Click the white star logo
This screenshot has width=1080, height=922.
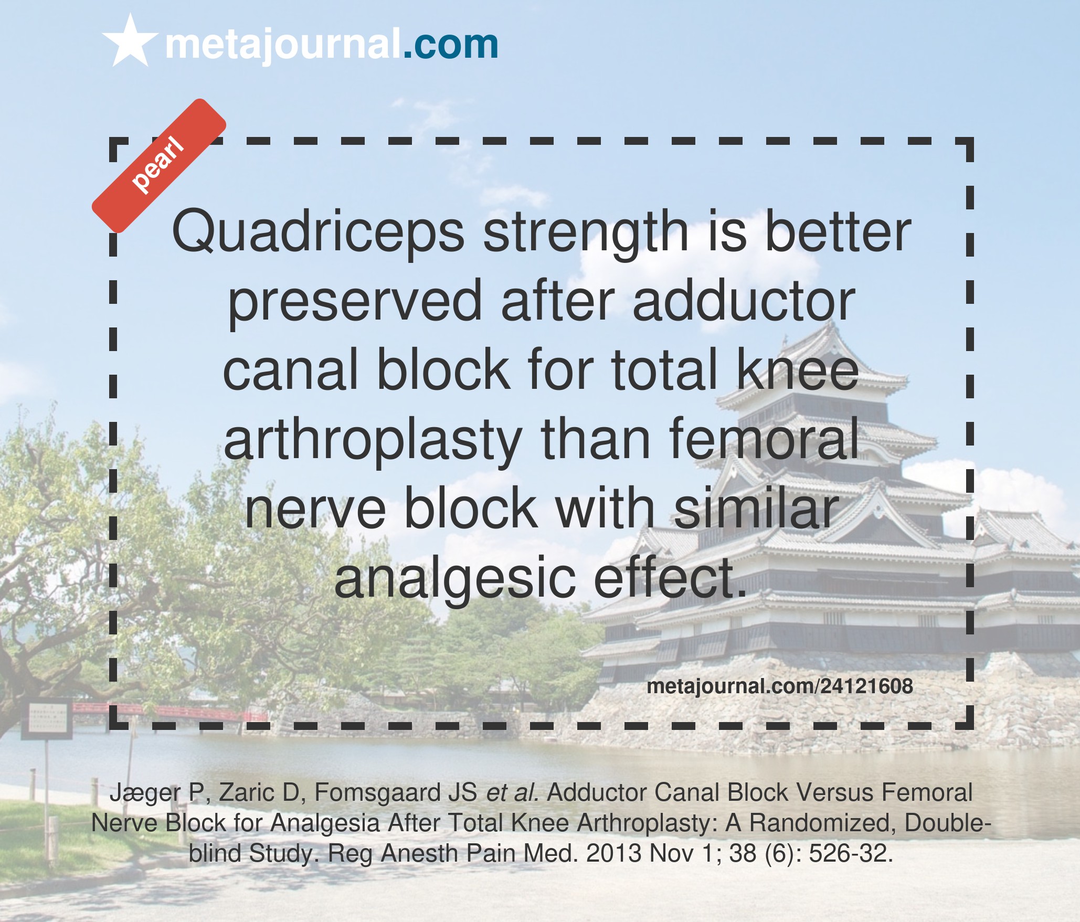click(x=130, y=41)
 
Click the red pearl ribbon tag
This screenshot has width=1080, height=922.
click(x=159, y=165)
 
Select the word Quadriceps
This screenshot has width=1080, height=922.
click(x=318, y=232)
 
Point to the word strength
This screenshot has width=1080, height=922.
click(x=585, y=232)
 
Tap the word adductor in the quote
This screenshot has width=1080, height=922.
click(x=744, y=301)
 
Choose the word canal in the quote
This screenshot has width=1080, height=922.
click(x=290, y=370)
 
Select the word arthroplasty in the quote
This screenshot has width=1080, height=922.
click(x=373, y=440)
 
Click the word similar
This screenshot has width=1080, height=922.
click(x=756, y=508)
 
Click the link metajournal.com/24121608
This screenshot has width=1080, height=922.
click(x=780, y=686)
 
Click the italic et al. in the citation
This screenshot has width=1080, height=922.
click(x=513, y=793)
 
